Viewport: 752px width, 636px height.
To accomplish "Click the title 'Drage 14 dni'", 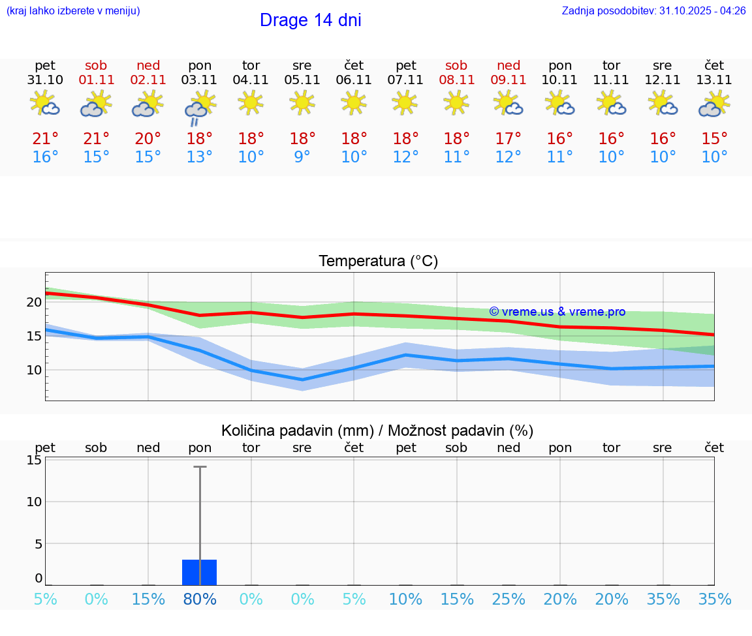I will (x=310, y=20).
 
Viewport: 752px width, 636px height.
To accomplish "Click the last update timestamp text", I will (x=653, y=11).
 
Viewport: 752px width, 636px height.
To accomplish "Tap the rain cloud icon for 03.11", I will (x=200, y=107).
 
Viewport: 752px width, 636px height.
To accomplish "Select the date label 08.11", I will (x=456, y=80).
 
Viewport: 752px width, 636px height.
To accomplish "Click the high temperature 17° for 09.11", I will (x=508, y=139).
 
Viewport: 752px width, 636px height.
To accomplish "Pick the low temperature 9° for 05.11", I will (x=302, y=157).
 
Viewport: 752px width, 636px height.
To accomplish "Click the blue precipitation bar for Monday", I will (x=199, y=572).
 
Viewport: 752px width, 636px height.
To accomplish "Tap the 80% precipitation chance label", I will (x=200, y=599).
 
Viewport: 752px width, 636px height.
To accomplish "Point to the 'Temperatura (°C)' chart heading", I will (x=378, y=262).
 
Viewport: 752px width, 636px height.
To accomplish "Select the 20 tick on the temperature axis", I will (x=34, y=302).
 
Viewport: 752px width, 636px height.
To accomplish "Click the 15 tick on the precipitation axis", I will (x=34, y=460).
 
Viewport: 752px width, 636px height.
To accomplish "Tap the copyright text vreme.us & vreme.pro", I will (x=557, y=312).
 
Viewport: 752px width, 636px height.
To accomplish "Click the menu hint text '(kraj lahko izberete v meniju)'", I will (x=72, y=11).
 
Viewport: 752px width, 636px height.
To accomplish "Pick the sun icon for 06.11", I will (x=354, y=102).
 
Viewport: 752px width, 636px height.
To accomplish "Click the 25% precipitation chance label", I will (x=509, y=599).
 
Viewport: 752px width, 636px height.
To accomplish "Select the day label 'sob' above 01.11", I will (x=96, y=66).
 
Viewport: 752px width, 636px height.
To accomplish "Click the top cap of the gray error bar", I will (x=200, y=467).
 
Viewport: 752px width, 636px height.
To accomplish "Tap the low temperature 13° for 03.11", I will (x=199, y=157).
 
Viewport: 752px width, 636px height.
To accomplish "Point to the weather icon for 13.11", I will (x=714, y=104).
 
